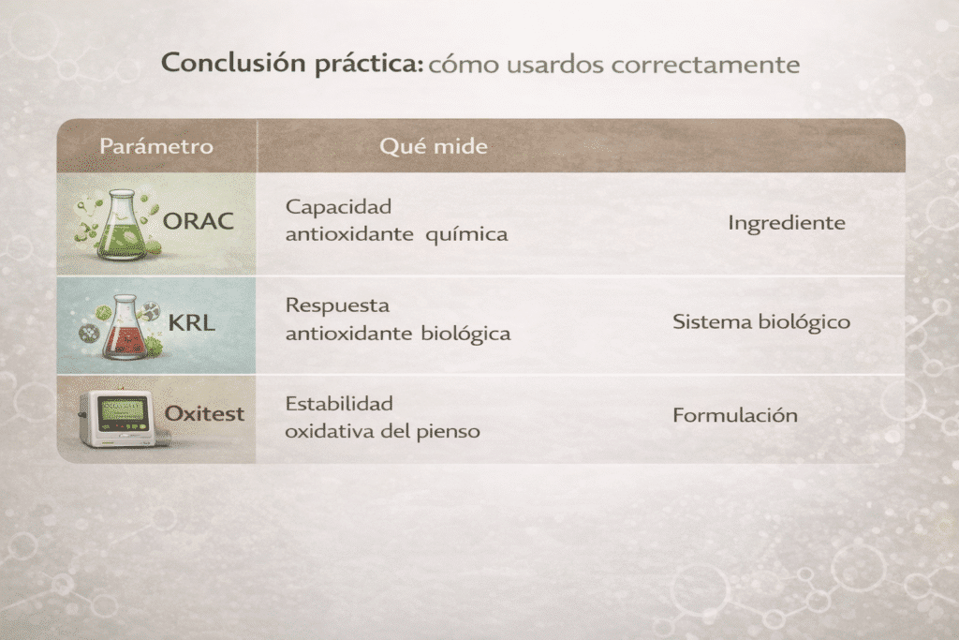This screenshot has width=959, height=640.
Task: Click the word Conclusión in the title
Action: [233, 64]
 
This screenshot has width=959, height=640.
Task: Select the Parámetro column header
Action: [156, 146]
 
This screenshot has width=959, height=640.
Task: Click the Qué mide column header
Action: [434, 146]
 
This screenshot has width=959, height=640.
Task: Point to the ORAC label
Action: [199, 221]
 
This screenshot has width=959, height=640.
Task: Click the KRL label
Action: [191, 322]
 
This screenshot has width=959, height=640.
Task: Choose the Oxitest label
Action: [204, 413]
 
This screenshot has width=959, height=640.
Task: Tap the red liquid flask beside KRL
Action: [125, 327]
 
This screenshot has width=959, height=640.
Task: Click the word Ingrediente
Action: [787, 223]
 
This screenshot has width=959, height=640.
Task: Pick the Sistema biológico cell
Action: [761, 322]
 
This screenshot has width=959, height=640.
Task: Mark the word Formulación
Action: [735, 415]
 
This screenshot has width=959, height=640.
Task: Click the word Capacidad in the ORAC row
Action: [338, 207]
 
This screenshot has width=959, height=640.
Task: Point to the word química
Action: [466, 234]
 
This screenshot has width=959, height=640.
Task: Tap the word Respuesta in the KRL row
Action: [337, 305]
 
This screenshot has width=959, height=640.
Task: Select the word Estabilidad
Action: [339, 404]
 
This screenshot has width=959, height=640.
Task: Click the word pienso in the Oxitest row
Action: [449, 432]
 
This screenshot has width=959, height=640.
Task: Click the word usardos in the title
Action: [555, 65]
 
